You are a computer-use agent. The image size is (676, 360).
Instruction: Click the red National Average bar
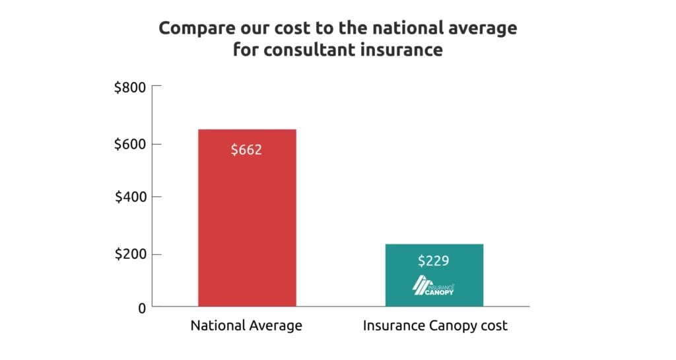pyautogui.click(x=246, y=218)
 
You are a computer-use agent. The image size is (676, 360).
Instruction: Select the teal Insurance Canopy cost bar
pyautogui.click(x=434, y=275)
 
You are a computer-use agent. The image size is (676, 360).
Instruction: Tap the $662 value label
pyautogui.click(x=246, y=150)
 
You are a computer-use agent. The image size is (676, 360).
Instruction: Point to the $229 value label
pyautogui.click(x=434, y=260)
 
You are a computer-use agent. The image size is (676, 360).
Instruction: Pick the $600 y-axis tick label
pyautogui.click(x=130, y=144)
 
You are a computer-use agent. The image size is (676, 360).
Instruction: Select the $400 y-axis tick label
pyautogui.click(x=130, y=197)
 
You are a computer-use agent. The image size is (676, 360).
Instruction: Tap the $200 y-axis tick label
pyautogui.click(x=130, y=254)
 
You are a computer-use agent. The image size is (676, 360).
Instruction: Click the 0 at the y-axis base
pyautogui.click(x=141, y=307)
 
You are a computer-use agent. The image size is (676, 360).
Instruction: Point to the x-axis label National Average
pyautogui.click(x=246, y=326)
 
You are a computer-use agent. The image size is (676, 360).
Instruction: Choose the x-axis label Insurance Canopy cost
pyautogui.click(x=434, y=326)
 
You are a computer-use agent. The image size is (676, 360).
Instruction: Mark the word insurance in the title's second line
pyautogui.click(x=406, y=50)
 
